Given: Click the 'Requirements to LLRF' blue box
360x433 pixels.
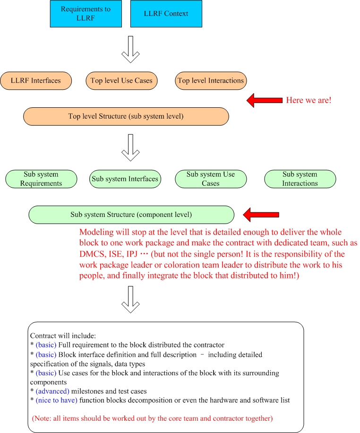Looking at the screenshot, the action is coord(86,14).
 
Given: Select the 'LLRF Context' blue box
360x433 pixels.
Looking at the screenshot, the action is coord(166,14).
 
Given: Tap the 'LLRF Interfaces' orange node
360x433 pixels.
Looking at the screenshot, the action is coord(36,81).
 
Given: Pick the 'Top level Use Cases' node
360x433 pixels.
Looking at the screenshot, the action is coord(121,81).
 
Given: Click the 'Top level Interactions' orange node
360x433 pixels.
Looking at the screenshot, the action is coord(211,81).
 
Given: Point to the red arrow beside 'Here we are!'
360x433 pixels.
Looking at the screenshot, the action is coord(265,100).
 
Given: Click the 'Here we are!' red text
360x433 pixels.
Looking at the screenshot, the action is coord(309,100).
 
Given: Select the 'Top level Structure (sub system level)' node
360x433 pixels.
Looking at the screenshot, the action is coord(126,117).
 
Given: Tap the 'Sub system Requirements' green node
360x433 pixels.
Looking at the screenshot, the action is coord(41,179).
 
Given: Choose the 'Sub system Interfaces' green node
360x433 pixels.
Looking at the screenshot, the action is coord(125,179).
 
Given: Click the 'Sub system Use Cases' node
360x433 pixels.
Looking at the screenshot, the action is coord(211,179).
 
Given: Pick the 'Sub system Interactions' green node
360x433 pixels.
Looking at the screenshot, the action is coord(300,179).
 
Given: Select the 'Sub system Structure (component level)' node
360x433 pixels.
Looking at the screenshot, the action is coord(131,215).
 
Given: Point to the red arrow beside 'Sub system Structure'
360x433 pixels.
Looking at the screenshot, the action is coord(261,215).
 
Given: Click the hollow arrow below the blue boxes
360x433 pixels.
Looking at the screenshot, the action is coord(130,50).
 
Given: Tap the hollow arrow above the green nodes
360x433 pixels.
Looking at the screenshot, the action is coord(130,148).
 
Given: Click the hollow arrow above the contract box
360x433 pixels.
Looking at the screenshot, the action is coord(130,300).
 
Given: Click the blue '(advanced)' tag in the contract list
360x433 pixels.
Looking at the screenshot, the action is coord(52,391).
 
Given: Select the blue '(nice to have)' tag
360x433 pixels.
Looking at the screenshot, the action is coord(57,400).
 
